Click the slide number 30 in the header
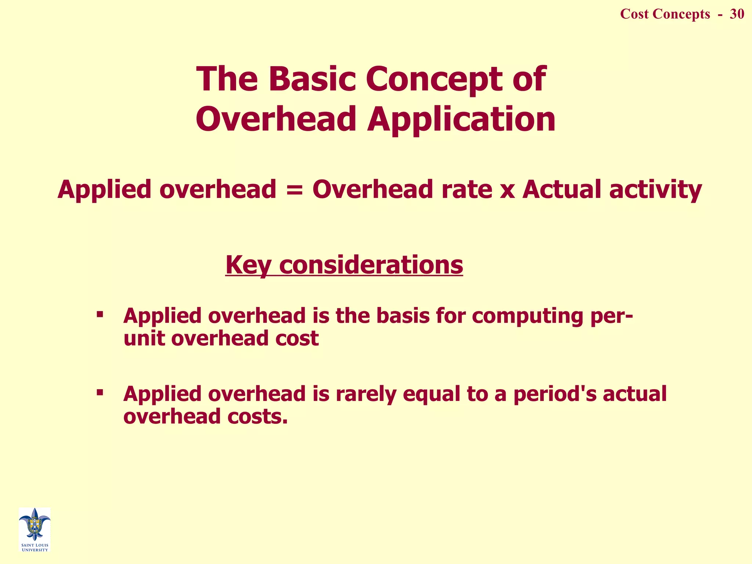tap(737, 14)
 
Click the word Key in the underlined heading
tap(248, 265)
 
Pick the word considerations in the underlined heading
tap(371, 265)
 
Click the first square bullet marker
tap(100, 315)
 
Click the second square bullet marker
tap(100, 393)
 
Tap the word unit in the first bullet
tap(144, 338)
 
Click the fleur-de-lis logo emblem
tap(35, 524)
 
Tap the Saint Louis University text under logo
tap(35, 547)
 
